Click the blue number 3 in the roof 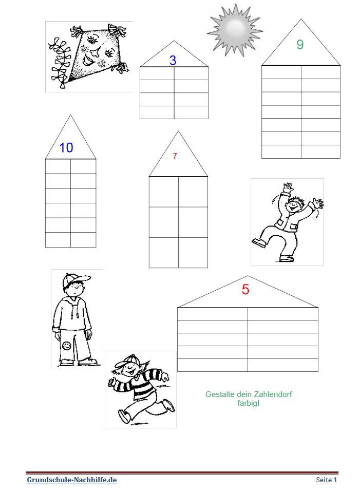click(173, 60)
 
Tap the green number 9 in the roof click(300, 45)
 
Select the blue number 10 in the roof click(66, 147)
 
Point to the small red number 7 click(175, 156)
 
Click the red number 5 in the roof click(245, 289)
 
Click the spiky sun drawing click(235, 30)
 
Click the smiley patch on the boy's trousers click(66, 346)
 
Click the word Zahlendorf click(273, 394)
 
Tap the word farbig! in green click(248, 403)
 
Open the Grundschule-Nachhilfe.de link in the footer click(72, 480)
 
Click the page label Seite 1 click(327, 480)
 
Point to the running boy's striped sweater click(138, 383)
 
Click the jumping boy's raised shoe click(259, 243)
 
